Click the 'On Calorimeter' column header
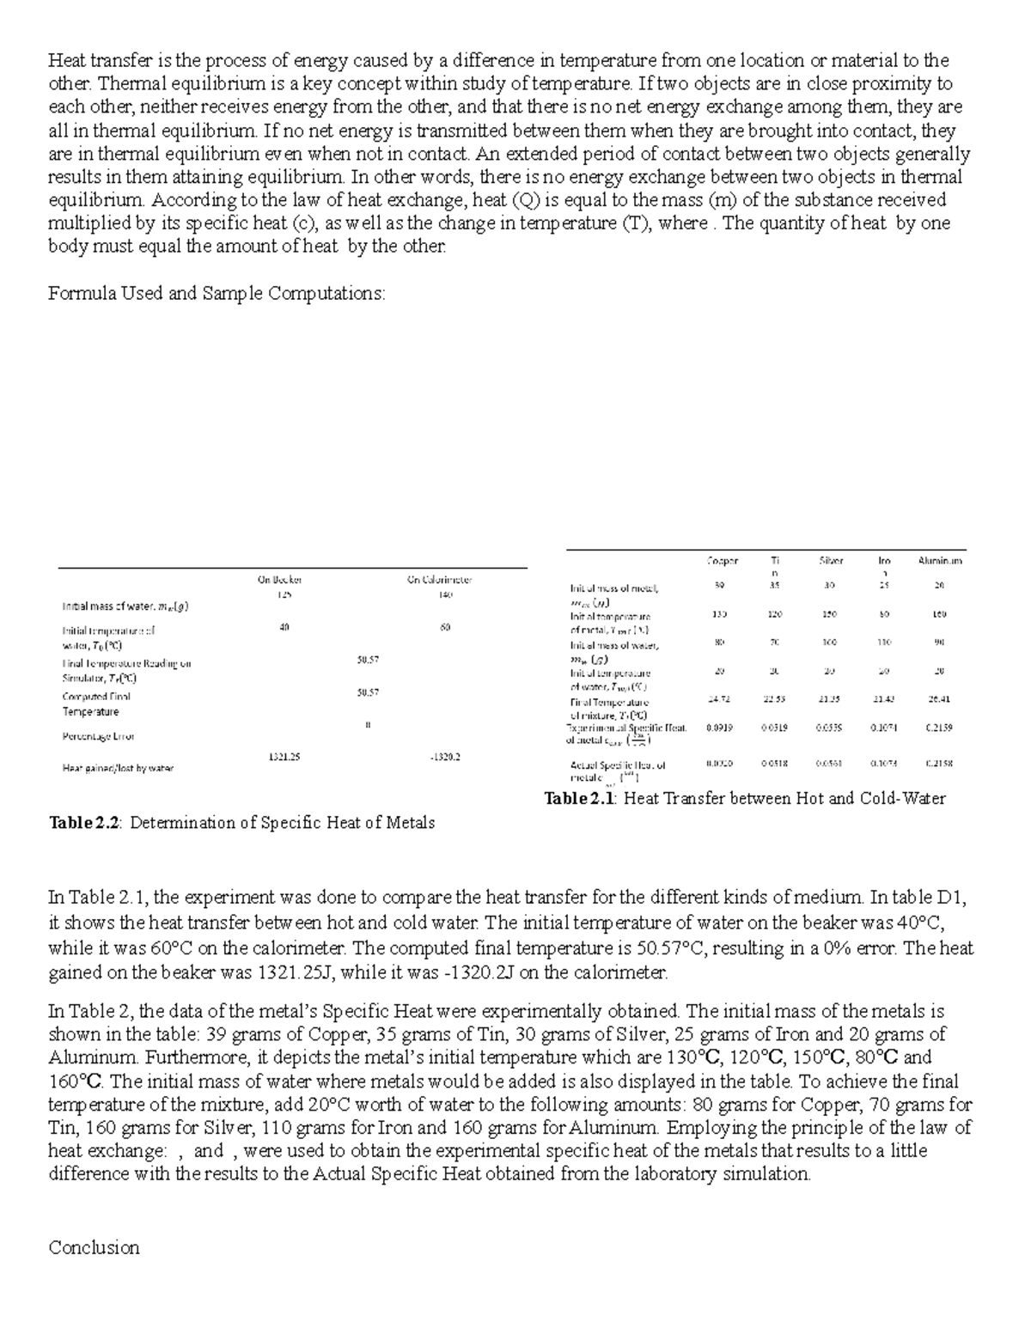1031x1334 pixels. coord(439,579)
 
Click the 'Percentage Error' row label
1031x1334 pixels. coord(98,736)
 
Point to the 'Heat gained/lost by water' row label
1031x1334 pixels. coord(117,769)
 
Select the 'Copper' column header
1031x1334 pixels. coord(722,561)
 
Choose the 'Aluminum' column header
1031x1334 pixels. coord(940,561)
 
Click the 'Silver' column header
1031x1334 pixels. coord(830,561)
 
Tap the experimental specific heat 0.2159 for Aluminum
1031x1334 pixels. coord(939,727)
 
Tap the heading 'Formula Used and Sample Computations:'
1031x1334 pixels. coord(217,294)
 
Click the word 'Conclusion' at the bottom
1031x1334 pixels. coord(94,1247)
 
